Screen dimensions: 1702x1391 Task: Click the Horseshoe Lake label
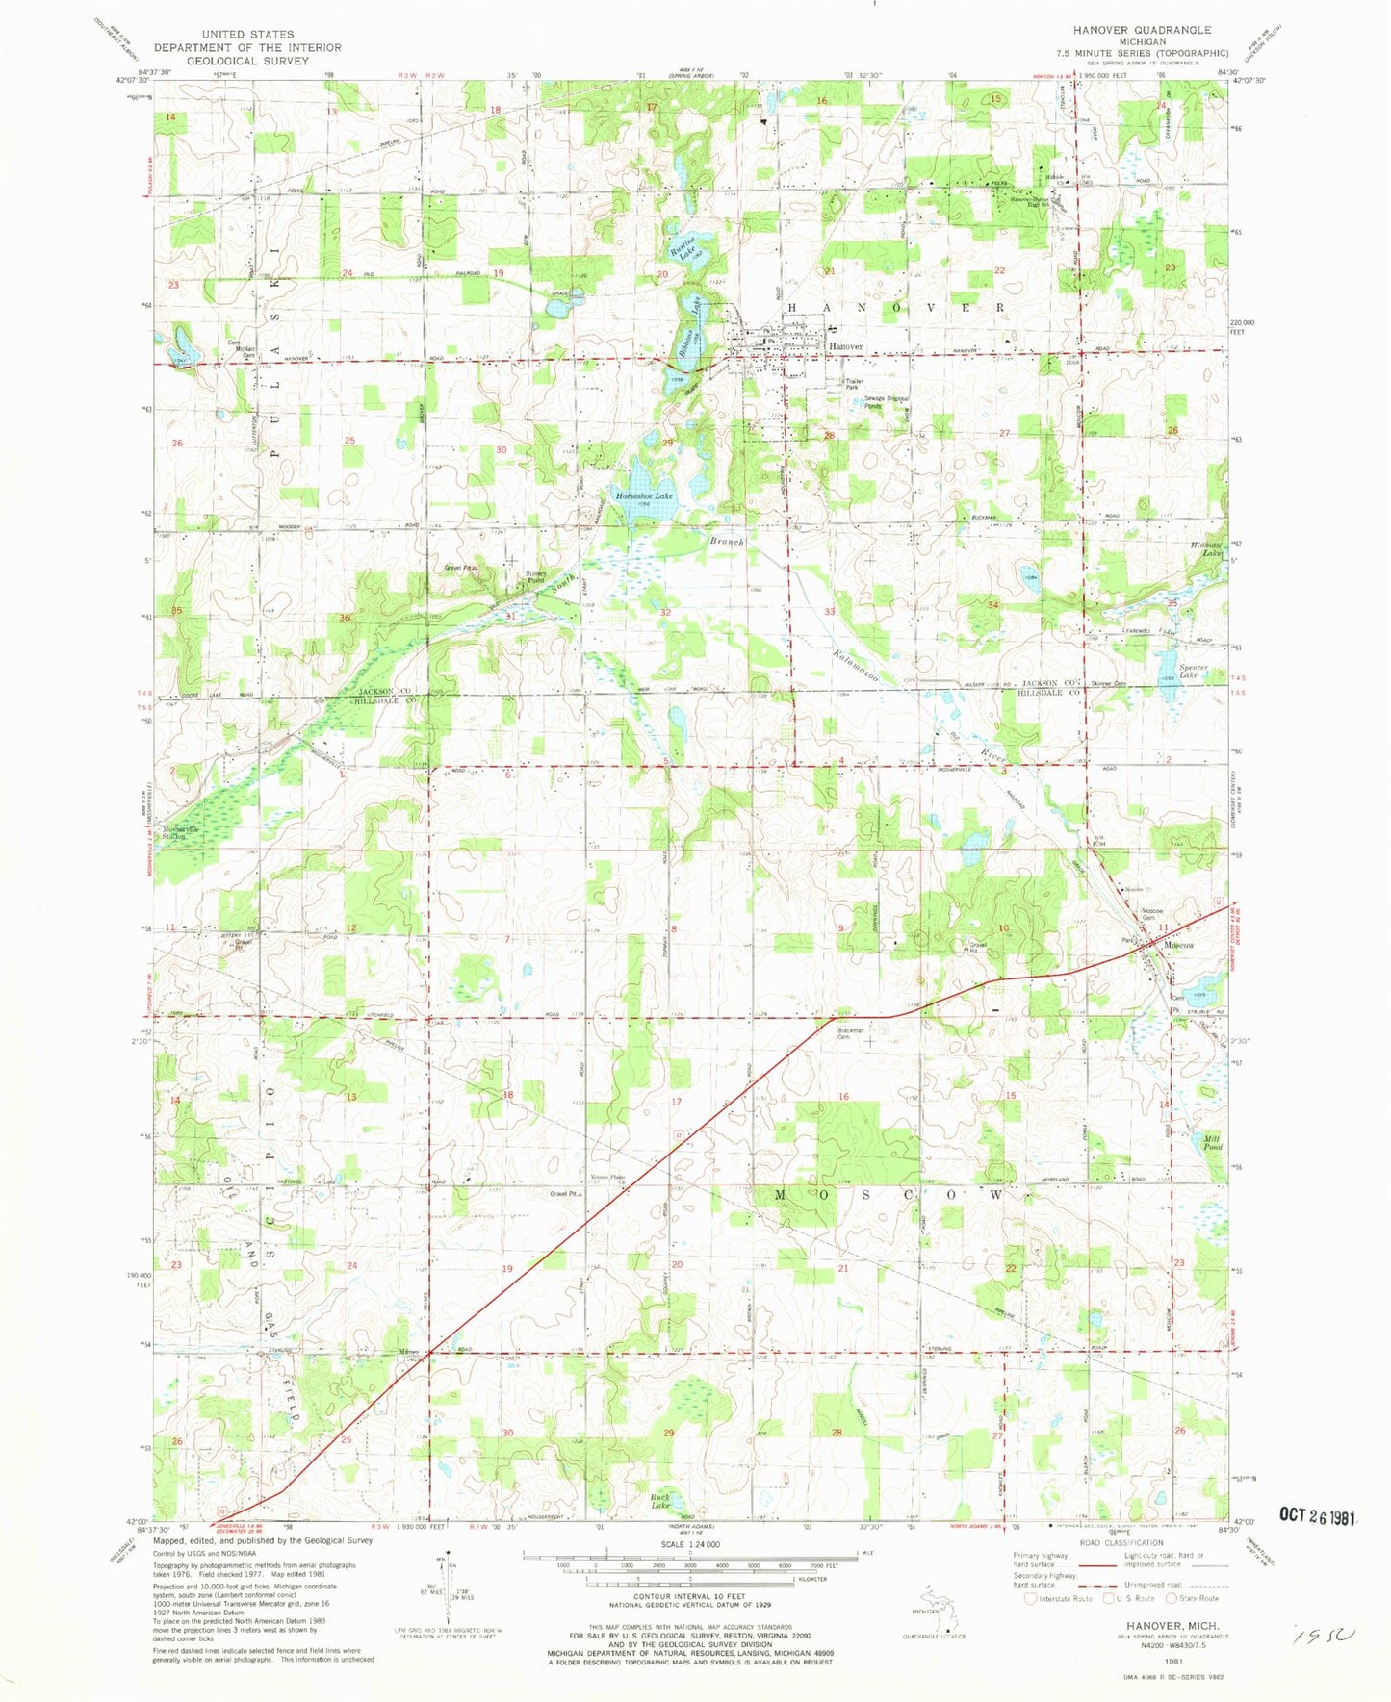[x=644, y=495]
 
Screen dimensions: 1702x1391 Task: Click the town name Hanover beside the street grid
[x=847, y=346]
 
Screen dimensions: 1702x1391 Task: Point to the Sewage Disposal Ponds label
[x=886, y=402]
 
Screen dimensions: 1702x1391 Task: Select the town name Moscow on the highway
[x=1178, y=945]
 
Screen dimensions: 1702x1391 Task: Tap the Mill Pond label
[x=1212, y=1142]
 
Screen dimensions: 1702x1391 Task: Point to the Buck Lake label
[x=660, y=1503]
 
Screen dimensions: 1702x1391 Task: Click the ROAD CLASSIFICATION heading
[x=1120, y=1542]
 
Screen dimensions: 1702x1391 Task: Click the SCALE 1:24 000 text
[x=689, y=1544]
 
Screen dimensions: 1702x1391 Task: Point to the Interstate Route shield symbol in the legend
[x=1031, y=1599]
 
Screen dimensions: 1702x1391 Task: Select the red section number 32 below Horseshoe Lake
[x=665, y=612]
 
